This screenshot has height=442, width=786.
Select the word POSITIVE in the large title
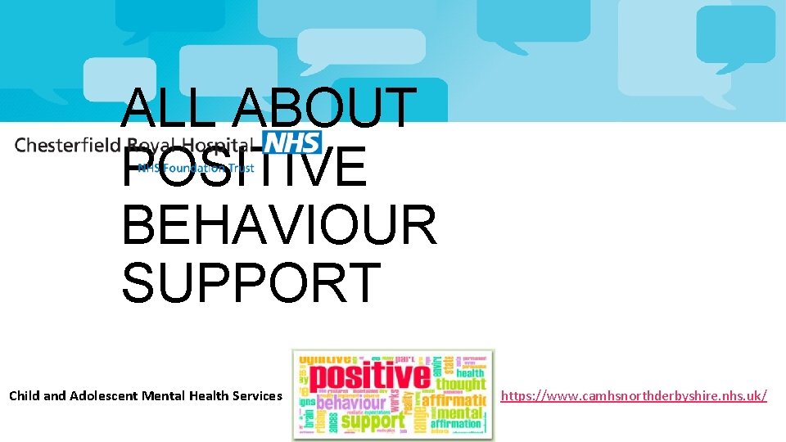244,165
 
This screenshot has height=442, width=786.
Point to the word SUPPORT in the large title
251,281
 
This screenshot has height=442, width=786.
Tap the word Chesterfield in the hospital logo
68,145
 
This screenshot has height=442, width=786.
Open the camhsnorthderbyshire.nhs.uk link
634,396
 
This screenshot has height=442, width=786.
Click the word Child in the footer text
24,396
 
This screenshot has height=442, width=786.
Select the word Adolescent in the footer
101,396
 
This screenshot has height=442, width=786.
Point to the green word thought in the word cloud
460,383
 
